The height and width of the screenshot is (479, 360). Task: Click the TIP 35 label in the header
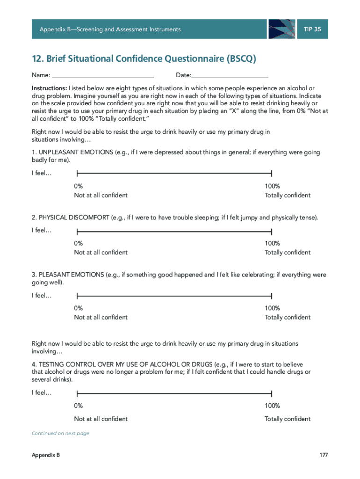pos(312,29)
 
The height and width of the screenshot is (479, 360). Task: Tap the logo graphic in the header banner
pos(282,29)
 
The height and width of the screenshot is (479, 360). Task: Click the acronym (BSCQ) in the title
pos(241,59)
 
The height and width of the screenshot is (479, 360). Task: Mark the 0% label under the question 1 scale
pos(79,186)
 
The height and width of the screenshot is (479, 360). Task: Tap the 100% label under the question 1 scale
pos(272,186)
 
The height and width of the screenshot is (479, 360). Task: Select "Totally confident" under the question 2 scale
pos(287,253)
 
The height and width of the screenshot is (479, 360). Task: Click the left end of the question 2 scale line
pos(77,231)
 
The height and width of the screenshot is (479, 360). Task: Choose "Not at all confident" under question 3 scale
pos(101,318)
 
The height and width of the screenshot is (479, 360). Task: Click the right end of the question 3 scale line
pos(272,296)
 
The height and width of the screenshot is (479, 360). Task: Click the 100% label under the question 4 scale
pos(272,406)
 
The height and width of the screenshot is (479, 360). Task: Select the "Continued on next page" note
pos(60,434)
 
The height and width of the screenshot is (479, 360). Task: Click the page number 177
pos(324,455)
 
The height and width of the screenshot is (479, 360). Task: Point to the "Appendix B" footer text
pos(46,455)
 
